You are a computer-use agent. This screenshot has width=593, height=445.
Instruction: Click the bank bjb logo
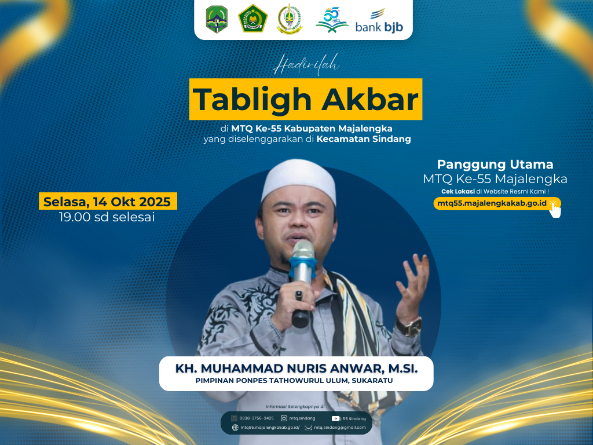coord(379,21)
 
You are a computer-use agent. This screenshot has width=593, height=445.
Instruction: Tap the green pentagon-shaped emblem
coord(252,19)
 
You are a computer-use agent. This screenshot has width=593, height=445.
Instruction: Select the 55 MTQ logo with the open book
coord(332,20)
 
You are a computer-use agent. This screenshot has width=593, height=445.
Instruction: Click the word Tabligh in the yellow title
coord(251,100)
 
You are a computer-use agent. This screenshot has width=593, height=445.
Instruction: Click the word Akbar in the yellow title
coord(370,100)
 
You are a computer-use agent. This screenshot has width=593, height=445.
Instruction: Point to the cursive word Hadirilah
coord(306,65)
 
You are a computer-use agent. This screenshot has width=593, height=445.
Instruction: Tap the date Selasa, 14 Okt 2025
coord(107,202)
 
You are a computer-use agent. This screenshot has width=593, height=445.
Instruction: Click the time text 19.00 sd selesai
coord(107,217)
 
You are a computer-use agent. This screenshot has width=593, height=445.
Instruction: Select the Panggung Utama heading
coord(495,164)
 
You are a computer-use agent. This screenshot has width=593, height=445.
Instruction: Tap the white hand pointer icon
coord(555,210)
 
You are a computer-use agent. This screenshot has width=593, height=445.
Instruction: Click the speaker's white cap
coord(298,180)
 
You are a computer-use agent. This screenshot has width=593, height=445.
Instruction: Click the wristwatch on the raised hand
coord(409,326)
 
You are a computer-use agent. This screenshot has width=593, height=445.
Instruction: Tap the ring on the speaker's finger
coord(299,295)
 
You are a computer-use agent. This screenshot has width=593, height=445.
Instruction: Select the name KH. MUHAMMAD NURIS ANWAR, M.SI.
coord(296,369)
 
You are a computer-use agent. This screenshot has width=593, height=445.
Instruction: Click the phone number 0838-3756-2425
coord(257,418)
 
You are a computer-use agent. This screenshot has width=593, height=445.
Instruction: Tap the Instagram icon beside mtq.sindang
coord(284,418)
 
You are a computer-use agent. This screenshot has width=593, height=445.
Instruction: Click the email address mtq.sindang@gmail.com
coord(340,428)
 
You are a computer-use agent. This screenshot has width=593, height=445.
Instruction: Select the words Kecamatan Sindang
coord(364,139)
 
